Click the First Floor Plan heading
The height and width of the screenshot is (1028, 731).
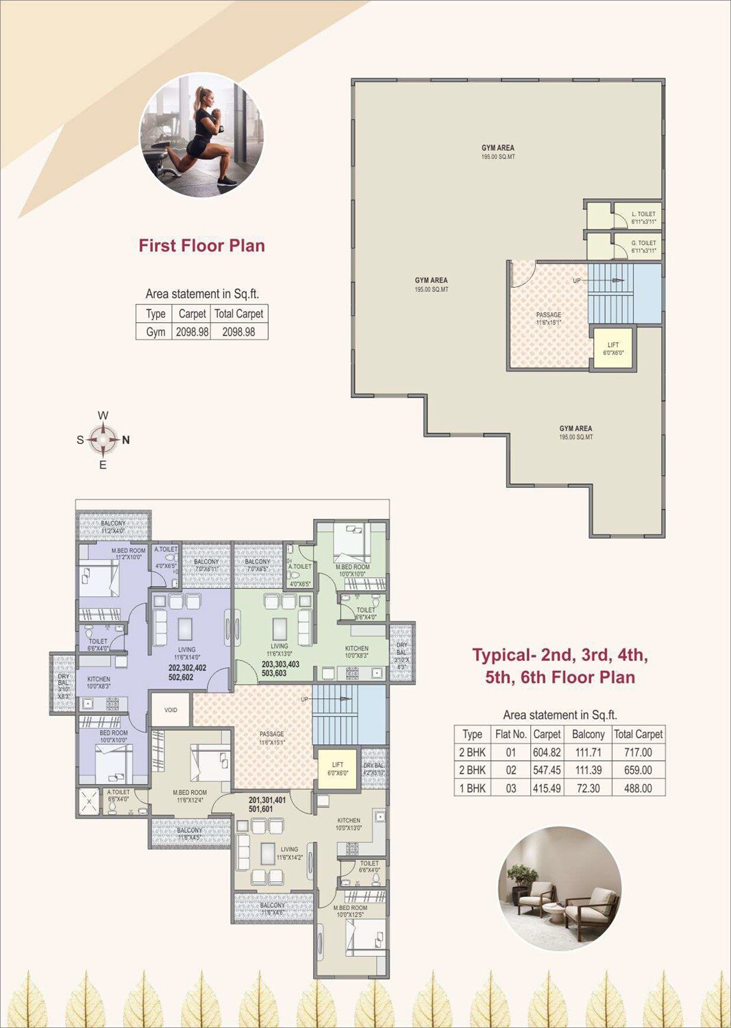click(x=201, y=245)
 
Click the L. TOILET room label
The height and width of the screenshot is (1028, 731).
click(x=643, y=215)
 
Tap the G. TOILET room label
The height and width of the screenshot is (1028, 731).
click(x=643, y=243)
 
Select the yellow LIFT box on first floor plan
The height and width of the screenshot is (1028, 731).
click(x=612, y=348)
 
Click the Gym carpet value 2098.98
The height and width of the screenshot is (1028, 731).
click(x=192, y=332)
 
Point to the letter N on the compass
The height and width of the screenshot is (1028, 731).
click(x=126, y=440)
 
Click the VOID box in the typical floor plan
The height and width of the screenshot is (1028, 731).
click(x=171, y=710)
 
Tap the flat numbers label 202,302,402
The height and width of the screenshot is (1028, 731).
click(x=187, y=668)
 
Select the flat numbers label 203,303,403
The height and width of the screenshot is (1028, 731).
click(x=280, y=664)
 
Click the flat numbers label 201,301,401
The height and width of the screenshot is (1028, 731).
click(x=267, y=800)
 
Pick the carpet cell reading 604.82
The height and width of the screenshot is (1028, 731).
click(x=547, y=752)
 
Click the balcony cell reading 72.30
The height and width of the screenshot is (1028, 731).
click(x=588, y=788)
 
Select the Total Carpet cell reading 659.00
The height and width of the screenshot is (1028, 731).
click(x=638, y=770)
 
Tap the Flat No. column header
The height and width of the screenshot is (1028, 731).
click(x=510, y=734)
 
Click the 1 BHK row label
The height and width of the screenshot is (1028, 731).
click(x=472, y=788)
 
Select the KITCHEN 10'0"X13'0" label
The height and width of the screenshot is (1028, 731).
click(x=349, y=824)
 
